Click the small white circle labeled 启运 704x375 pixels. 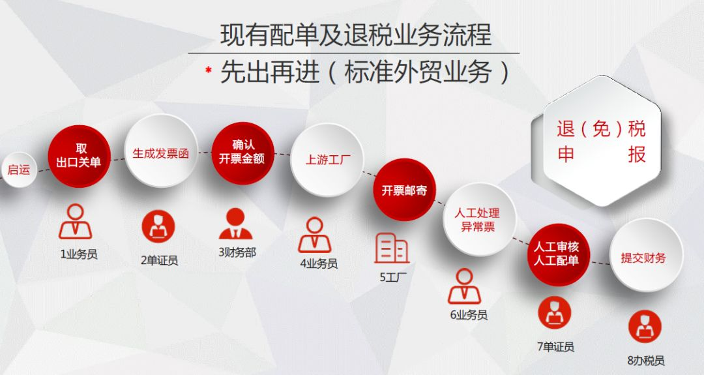click(x=18, y=170)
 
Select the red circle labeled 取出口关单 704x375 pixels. click(x=79, y=156)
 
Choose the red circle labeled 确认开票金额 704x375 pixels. click(x=242, y=153)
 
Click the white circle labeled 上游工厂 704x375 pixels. click(x=327, y=159)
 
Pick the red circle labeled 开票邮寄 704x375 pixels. click(x=405, y=190)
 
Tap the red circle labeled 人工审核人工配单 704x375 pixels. click(x=558, y=254)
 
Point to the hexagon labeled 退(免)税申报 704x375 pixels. click(x=602, y=141)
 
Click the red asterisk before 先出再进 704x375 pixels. click(x=209, y=70)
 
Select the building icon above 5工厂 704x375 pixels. click(x=392, y=248)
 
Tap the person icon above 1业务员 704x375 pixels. click(x=76, y=222)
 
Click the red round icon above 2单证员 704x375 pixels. click(x=158, y=226)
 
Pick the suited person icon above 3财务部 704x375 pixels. click(x=235, y=224)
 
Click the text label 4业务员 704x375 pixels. click(x=319, y=263)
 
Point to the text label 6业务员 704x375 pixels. click(x=469, y=315)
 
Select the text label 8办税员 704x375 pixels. click(x=645, y=360)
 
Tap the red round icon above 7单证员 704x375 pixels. click(x=555, y=313)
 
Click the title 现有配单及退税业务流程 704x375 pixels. click(x=356, y=35)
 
